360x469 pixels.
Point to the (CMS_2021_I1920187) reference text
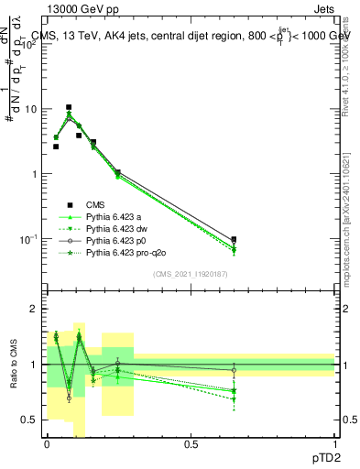[190, 274]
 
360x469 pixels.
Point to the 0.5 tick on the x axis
[191, 443]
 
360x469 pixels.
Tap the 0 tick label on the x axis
[47, 443]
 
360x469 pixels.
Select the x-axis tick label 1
[334, 443]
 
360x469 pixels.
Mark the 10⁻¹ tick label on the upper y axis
[30, 239]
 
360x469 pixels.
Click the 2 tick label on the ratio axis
[35, 310]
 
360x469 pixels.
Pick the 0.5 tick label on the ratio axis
[31, 420]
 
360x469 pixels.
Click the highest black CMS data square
[69, 107]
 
